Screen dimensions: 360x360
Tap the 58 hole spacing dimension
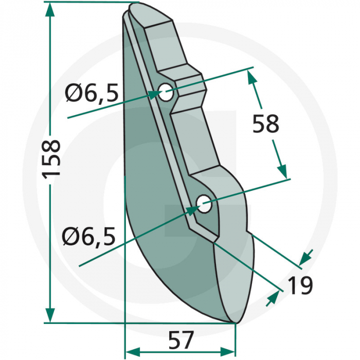[265, 124]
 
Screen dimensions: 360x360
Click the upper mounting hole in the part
[166, 94]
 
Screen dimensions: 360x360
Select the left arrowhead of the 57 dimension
[133, 352]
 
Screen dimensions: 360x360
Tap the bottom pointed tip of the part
[233, 323]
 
